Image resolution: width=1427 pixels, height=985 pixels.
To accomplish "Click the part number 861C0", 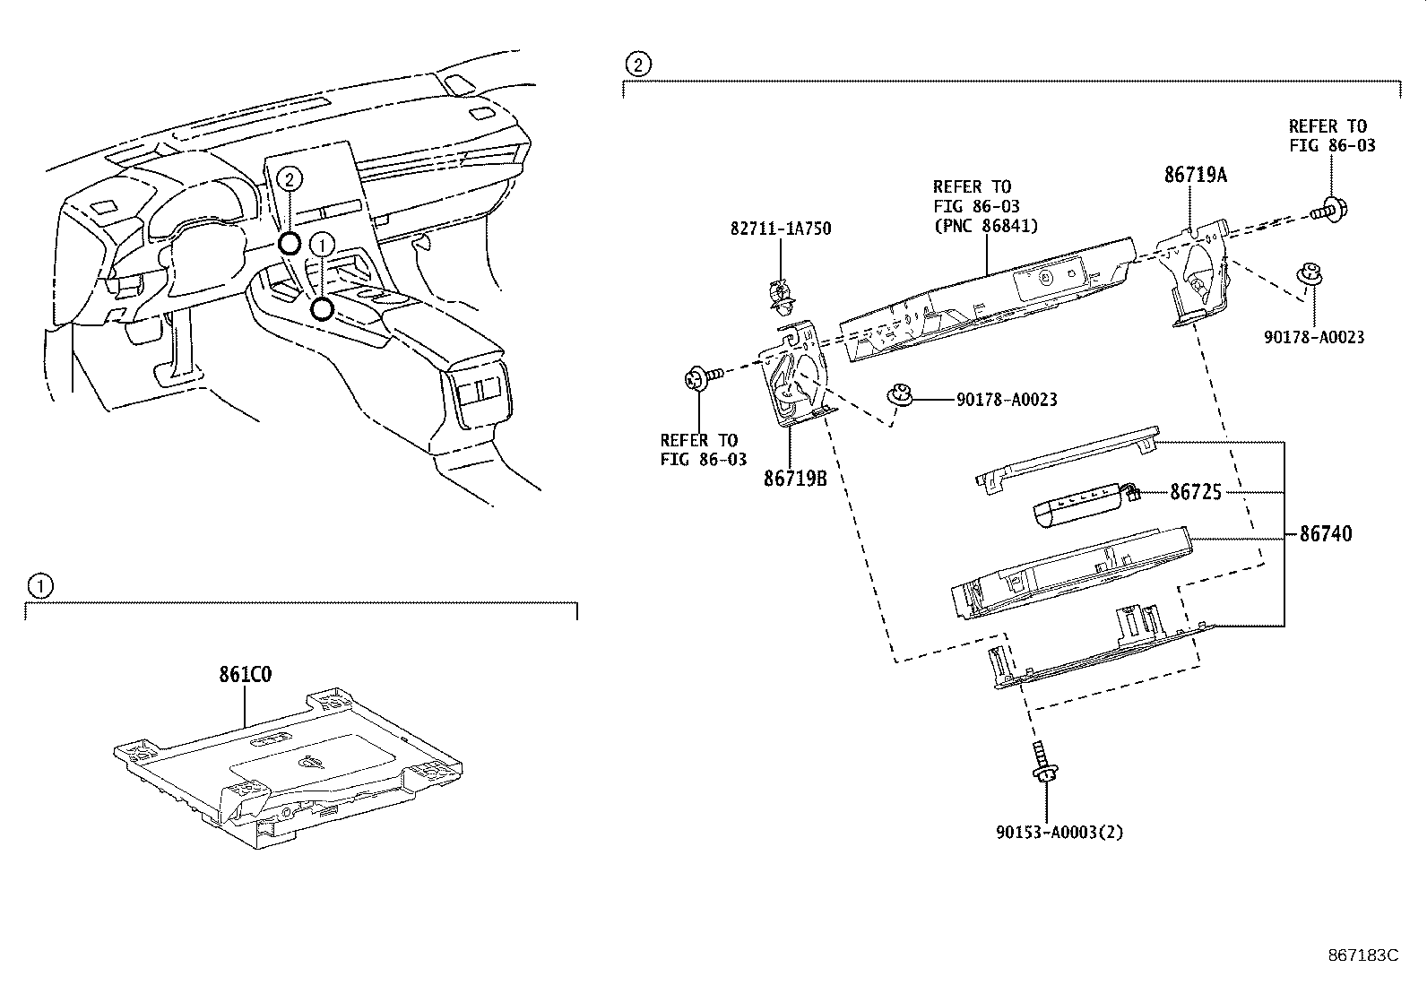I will click(x=246, y=676).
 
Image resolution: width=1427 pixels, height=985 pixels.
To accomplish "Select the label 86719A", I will click(x=1196, y=176).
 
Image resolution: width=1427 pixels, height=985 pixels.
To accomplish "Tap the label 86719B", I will click(x=794, y=479).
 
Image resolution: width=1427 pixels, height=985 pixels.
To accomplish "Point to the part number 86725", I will click(x=1196, y=492).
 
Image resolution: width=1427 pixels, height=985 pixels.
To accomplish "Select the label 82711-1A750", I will click(x=780, y=229).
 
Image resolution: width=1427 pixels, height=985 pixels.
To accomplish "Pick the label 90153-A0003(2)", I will click(x=1059, y=832).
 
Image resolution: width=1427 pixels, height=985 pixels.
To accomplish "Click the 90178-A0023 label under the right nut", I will click(x=1314, y=337).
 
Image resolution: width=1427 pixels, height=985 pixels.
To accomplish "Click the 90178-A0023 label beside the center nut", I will click(x=1007, y=400).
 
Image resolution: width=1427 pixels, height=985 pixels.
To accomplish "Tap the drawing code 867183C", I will click(x=1362, y=955).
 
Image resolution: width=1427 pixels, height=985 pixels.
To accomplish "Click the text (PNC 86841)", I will click(x=985, y=226).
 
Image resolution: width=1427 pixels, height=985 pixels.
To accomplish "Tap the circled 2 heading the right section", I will click(x=636, y=64).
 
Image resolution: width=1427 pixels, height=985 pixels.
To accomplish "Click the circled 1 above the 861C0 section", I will click(x=39, y=587).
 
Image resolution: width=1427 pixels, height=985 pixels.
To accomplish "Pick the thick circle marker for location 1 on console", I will click(x=322, y=309).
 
